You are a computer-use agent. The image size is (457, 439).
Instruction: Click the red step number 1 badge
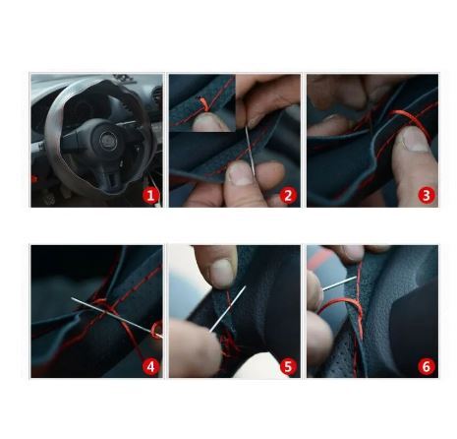150,196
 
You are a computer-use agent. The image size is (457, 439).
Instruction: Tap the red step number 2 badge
288,196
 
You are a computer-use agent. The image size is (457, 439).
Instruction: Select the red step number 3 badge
427,196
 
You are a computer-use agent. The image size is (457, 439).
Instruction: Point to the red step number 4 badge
150,367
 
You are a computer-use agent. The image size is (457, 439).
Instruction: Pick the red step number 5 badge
288,367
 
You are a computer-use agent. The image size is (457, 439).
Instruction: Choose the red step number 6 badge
427,367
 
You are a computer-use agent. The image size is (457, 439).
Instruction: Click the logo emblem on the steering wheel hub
107,141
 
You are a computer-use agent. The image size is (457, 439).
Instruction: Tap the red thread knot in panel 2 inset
204,104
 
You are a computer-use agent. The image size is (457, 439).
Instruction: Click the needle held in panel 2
251,151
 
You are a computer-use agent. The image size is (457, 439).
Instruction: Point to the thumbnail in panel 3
414,140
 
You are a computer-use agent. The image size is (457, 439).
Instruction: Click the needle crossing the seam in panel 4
116,317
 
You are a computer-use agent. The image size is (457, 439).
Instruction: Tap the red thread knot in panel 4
103,307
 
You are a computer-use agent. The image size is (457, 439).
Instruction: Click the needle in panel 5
228,308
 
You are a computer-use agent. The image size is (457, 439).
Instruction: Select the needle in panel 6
339,283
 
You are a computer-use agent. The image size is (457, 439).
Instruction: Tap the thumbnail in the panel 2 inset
205,121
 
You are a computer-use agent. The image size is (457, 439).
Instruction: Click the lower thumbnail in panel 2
240,173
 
